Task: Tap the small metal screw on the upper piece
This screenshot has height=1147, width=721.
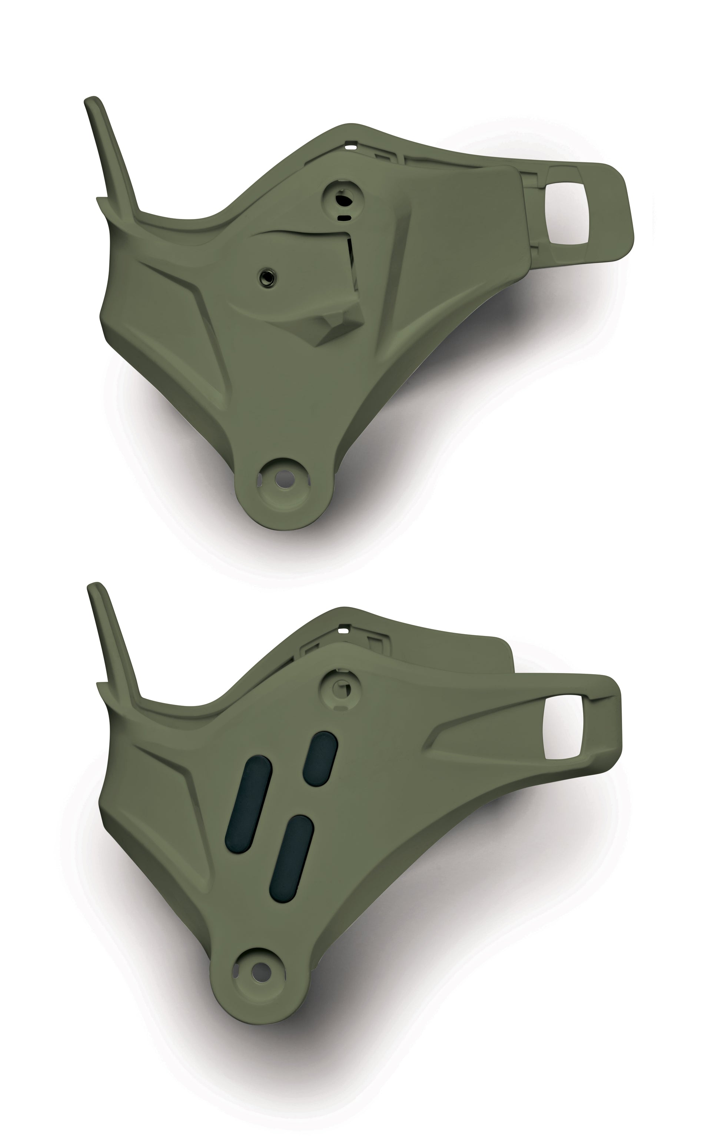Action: tap(263, 276)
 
